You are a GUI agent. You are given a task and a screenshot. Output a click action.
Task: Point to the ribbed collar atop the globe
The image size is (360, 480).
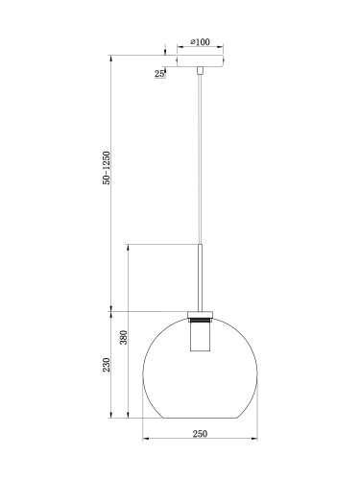[x=201, y=316]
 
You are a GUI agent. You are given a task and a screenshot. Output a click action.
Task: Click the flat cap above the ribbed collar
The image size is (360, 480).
[x=201, y=310]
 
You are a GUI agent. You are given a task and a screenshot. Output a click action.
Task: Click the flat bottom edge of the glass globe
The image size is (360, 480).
[x=201, y=418]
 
